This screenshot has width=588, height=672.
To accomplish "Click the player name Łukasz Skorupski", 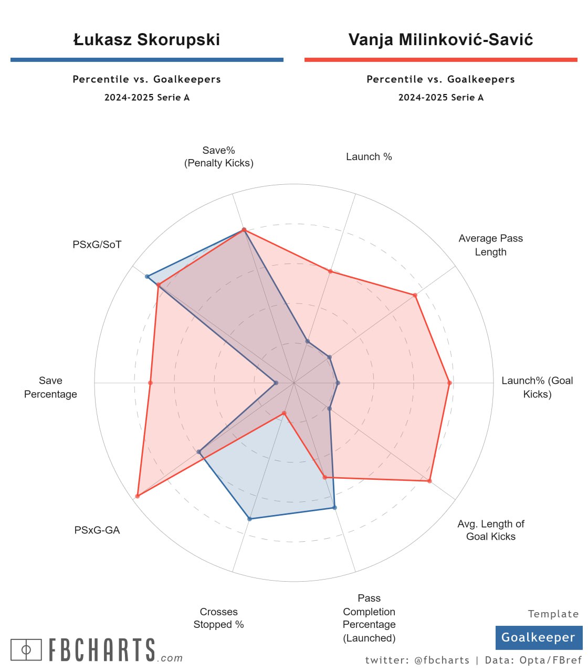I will point(146,40).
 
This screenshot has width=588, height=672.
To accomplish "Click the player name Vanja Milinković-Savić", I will point(440,40).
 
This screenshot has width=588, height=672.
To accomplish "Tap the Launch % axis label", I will point(369,156).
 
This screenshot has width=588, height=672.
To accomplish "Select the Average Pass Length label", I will point(490,245).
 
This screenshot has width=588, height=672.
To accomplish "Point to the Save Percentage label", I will point(50,387).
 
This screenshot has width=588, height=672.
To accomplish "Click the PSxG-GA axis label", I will point(97,530).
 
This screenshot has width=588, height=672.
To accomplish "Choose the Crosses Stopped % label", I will point(218,618).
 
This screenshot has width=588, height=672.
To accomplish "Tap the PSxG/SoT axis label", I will point(97,244).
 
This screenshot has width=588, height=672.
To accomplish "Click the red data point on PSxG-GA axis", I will point(137,496).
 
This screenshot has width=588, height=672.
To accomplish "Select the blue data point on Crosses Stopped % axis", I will point(249,519).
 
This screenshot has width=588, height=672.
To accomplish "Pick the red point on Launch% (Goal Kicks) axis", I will point(449,383).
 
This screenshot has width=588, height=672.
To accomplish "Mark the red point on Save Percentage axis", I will point(150,383).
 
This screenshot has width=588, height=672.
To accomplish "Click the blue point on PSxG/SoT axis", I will point(147,277).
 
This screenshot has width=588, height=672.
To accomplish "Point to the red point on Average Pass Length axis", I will point(415,295).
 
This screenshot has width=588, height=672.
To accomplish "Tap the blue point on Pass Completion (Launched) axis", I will point(334,507).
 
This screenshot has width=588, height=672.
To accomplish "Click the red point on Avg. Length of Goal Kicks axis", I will point(429,480).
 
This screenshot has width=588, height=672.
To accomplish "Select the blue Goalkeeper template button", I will point(539,637).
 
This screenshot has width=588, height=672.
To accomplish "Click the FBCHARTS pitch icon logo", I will point(26,649).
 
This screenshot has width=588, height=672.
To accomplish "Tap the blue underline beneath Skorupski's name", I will point(146,60).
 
